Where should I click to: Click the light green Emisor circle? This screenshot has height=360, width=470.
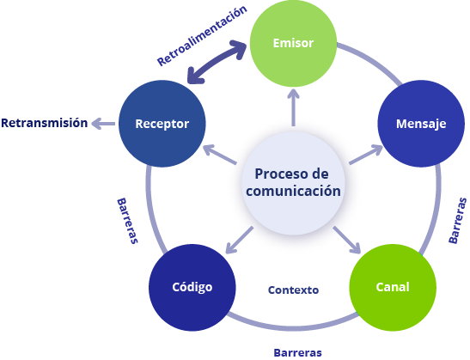(x=293, y=44)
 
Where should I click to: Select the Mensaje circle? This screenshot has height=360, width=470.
(x=421, y=124)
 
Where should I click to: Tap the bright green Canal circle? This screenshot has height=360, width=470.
(x=393, y=288)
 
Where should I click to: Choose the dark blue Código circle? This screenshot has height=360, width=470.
(x=192, y=288)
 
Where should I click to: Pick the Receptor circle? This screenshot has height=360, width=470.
(x=162, y=124)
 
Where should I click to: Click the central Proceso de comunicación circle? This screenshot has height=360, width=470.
(x=293, y=183)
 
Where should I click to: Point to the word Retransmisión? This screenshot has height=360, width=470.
(x=45, y=123)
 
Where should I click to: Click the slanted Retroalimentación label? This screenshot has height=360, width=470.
(x=202, y=35)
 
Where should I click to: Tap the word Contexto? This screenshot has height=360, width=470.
(x=293, y=290)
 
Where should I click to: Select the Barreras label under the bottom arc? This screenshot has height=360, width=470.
(x=297, y=353)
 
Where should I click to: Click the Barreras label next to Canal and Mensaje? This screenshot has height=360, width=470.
(x=458, y=221)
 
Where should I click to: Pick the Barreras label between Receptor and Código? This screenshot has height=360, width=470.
(x=127, y=221)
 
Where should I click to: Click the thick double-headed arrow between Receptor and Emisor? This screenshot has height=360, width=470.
(x=217, y=62)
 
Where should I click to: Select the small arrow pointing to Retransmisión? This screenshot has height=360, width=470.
(x=103, y=124)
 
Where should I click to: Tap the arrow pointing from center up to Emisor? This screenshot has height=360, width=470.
(x=293, y=108)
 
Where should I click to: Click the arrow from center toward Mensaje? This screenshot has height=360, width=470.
(x=366, y=155)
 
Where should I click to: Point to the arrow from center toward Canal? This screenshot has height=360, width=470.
(x=347, y=240)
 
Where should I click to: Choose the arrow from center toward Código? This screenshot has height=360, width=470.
(x=239, y=240)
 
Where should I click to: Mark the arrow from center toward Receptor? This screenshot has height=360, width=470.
(x=220, y=155)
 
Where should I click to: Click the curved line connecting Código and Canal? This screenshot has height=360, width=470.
(x=292, y=328)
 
